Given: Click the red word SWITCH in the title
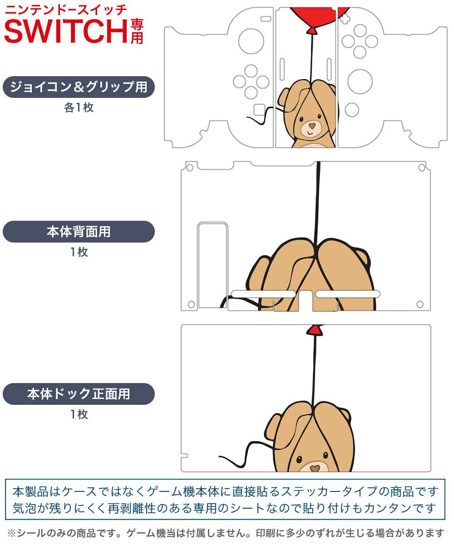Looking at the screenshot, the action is (66, 31).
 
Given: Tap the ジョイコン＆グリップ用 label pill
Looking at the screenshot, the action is (79, 87).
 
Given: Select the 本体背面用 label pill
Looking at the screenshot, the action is (79, 232).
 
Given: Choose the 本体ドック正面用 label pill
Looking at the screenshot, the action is (79, 393).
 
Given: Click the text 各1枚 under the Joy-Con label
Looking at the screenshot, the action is (79, 107).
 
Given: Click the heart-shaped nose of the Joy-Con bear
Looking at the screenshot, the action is (312, 126).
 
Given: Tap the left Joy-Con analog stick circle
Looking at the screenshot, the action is (251, 41).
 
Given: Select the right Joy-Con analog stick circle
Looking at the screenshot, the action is (360, 82).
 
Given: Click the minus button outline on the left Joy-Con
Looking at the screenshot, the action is (266, 19).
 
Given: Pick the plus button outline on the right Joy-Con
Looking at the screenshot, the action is (345, 19).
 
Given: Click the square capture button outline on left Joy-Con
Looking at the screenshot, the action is (260, 109).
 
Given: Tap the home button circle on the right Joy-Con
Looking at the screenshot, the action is (352, 110).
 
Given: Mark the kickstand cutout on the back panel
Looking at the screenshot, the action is (212, 265).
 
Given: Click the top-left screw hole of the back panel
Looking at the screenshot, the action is (190, 168).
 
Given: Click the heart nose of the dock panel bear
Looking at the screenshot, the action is (315, 468).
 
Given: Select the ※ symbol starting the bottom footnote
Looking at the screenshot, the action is (12, 533).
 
